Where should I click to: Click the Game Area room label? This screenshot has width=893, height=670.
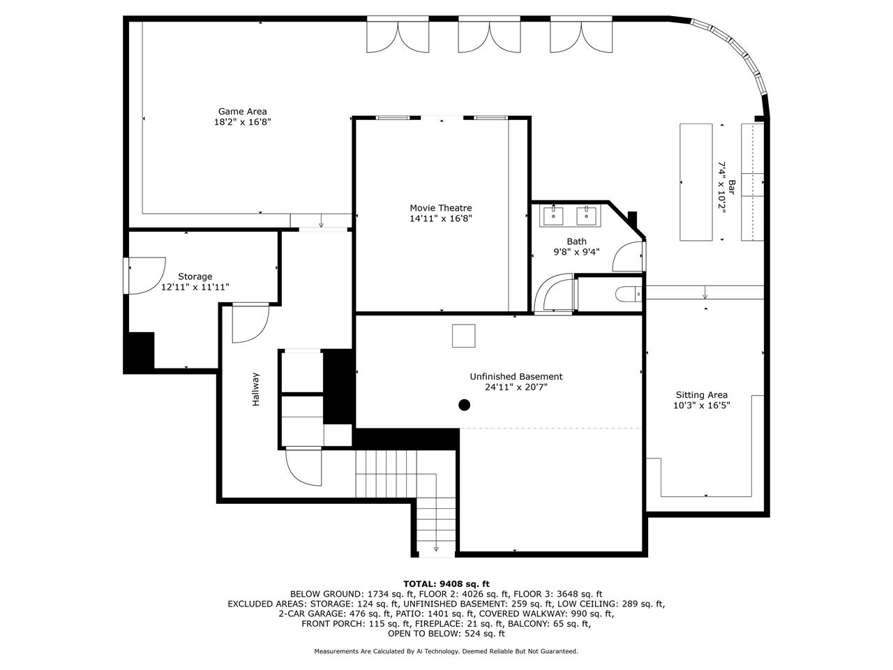[x=243, y=111]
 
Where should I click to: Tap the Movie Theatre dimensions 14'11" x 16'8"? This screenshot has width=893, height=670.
[x=441, y=218]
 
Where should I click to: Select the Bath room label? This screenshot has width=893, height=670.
[x=576, y=241]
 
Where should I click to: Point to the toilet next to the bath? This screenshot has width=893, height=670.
[x=628, y=294]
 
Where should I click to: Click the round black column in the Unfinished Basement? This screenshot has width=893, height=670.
[x=464, y=405]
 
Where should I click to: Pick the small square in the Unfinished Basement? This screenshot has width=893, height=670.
[x=463, y=336]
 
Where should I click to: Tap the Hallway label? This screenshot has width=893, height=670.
[x=255, y=389]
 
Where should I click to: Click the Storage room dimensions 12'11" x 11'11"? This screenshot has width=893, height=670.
[x=195, y=288]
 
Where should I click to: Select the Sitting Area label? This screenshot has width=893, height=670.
[x=701, y=394]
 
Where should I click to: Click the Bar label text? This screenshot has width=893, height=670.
[x=732, y=187]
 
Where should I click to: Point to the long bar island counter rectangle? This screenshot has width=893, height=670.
[x=696, y=182]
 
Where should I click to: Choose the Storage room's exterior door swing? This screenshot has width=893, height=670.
[x=147, y=276]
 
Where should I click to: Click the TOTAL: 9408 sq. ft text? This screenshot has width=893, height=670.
[x=446, y=584]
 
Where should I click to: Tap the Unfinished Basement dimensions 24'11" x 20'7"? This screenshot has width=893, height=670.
[x=516, y=387]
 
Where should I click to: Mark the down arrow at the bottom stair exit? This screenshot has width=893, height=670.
[x=436, y=549]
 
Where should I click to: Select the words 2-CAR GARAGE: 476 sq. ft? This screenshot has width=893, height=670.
[x=333, y=613]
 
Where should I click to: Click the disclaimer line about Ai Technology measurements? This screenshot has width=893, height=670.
[x=446, y=651]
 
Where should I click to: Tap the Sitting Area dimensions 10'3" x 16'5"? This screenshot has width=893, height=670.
[x=701, y=405]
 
